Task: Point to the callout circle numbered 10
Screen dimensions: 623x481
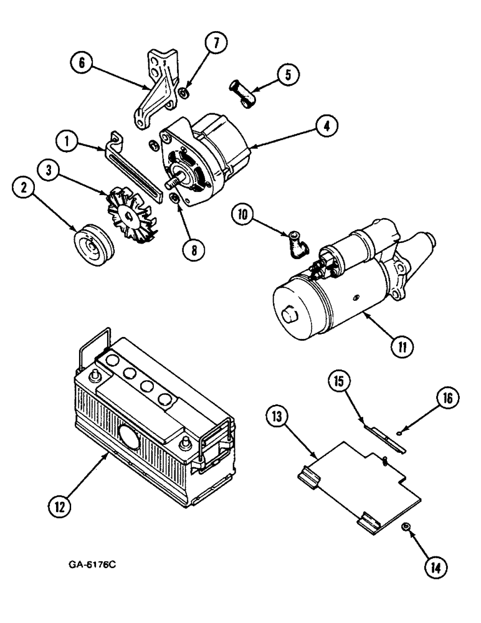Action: [x=244, y=215]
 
